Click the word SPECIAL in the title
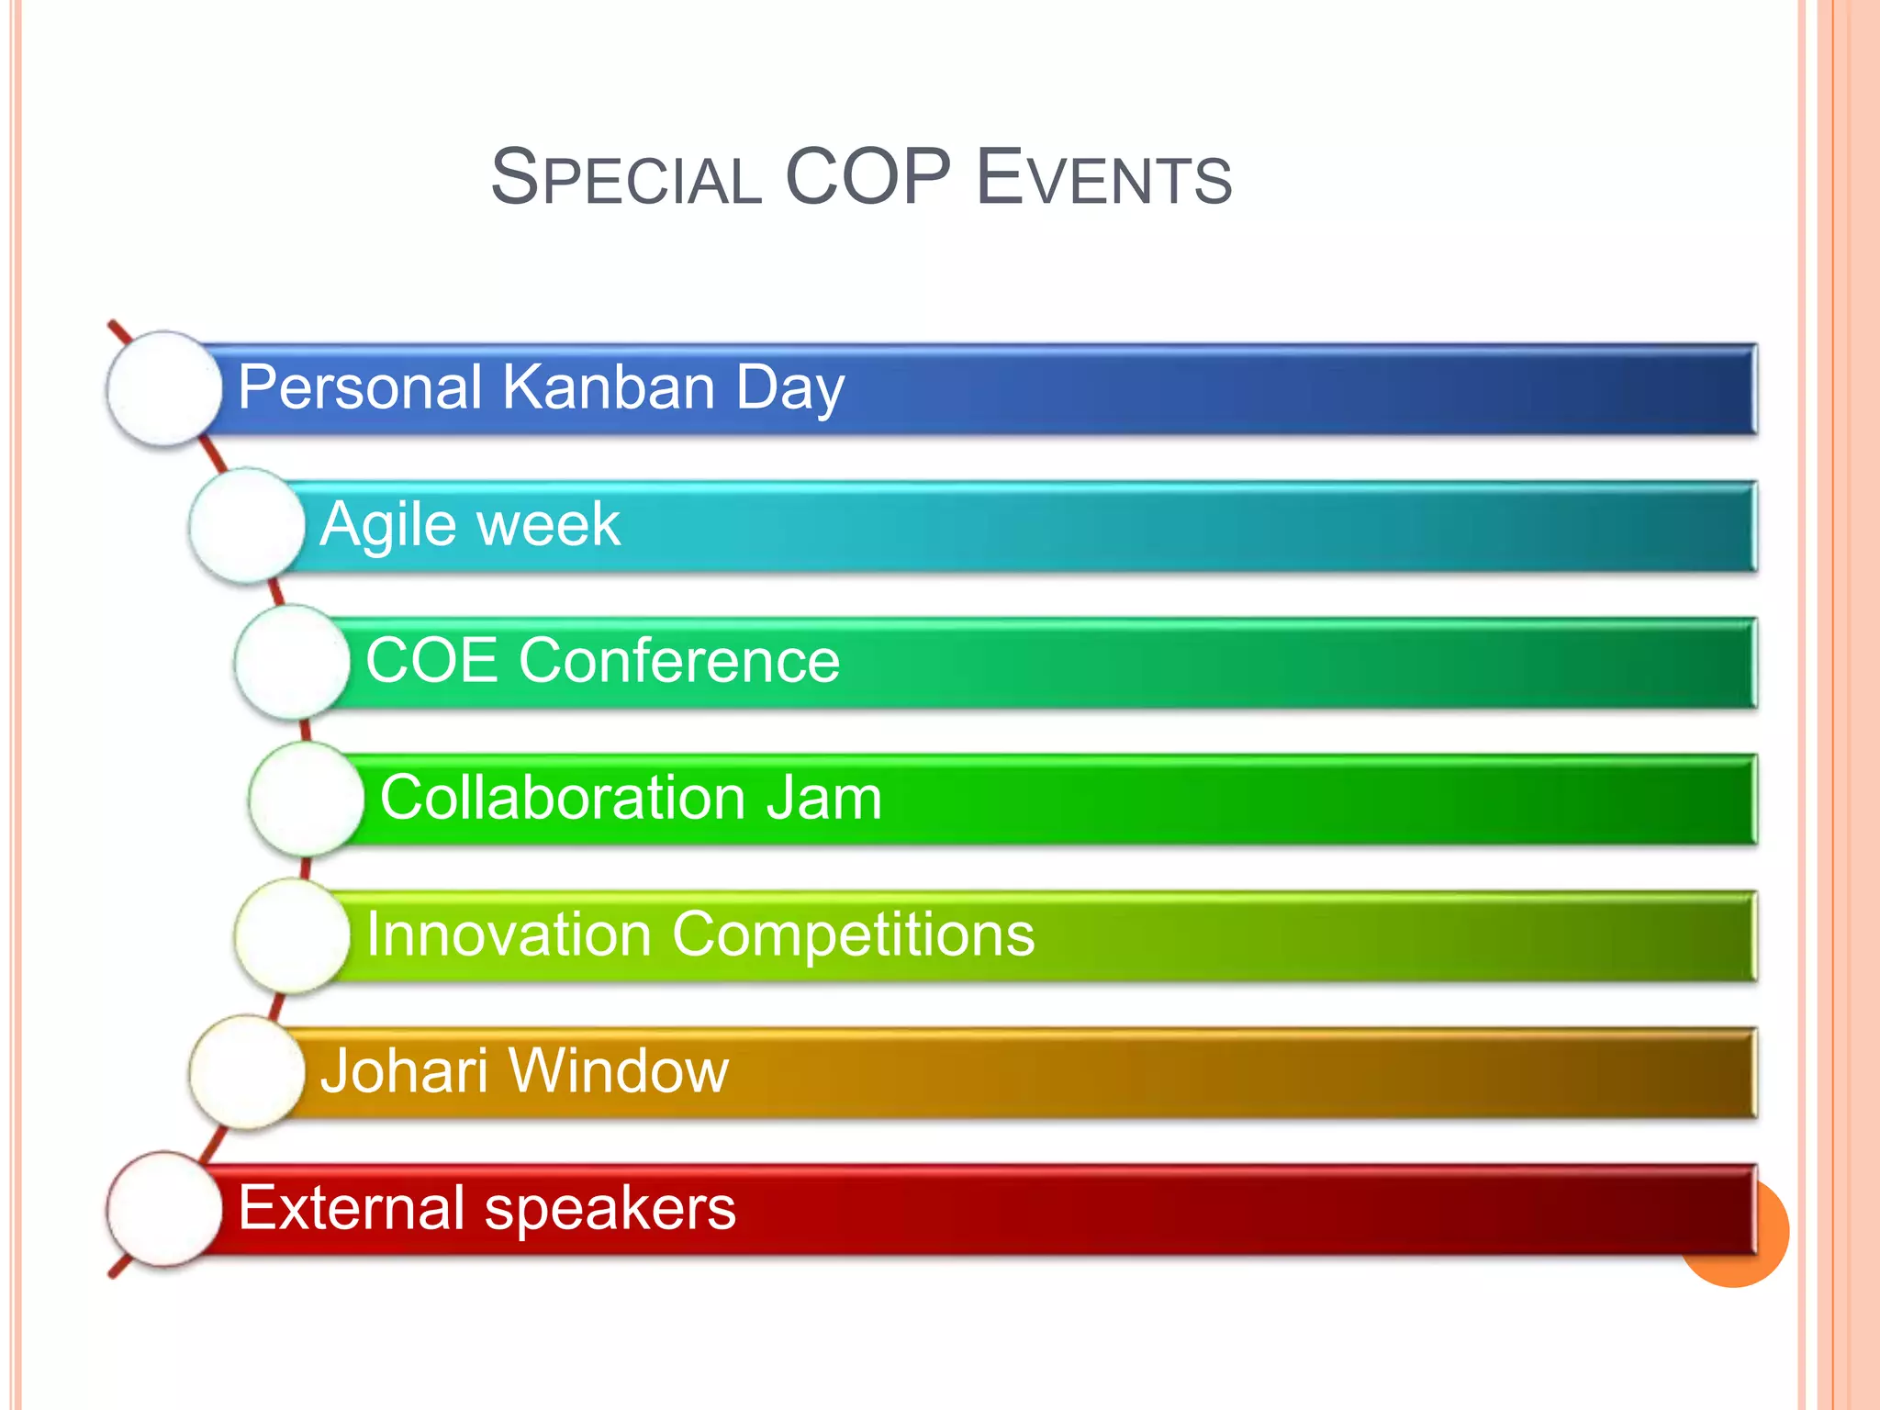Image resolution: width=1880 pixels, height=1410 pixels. [627, 178]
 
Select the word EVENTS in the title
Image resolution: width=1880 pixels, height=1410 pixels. [1103, 178]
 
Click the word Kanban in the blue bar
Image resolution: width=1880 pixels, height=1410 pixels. [609, 386]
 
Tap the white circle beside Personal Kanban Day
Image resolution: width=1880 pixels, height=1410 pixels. [164, 388]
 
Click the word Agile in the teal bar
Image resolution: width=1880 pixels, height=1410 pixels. [389, 526]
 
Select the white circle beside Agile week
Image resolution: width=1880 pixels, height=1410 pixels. [246, 525]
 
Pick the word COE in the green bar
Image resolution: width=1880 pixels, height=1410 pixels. [431, 660]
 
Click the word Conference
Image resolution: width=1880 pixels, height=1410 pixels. [679, 660]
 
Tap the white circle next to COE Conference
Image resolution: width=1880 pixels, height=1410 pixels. [292, 662]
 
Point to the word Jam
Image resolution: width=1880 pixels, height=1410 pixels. [823, 797]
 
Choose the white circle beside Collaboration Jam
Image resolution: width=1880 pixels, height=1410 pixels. [306, 799]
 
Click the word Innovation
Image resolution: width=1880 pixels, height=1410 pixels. [509, 934]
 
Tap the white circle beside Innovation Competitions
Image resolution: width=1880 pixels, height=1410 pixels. [292, 935]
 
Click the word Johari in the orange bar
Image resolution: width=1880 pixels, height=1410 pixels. [404, 1070]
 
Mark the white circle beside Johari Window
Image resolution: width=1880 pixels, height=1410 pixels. [246, 1072]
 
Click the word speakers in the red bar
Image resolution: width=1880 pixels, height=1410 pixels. [610, 1209]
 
